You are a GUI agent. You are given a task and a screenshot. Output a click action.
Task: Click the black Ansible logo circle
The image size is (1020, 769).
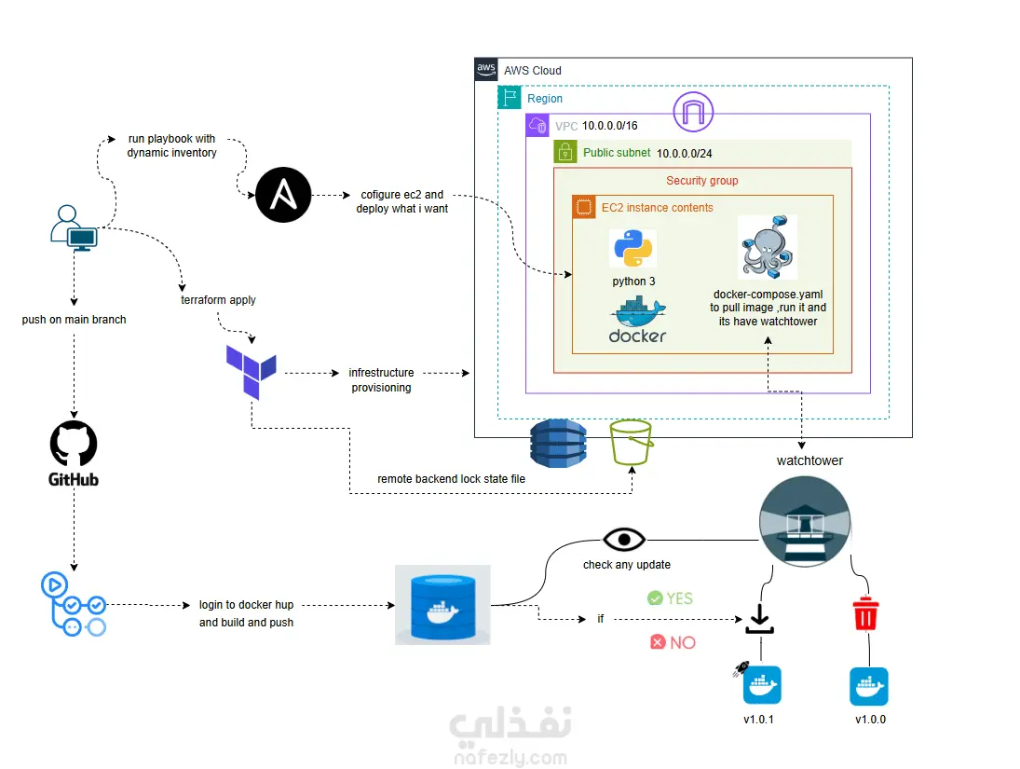(283, 196)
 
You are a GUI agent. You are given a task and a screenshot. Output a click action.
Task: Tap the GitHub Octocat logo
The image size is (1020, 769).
(74, 444)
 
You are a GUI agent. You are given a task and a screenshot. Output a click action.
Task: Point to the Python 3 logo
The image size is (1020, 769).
(633, 249)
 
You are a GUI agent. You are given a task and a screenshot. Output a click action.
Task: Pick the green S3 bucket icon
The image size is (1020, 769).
(631, 443)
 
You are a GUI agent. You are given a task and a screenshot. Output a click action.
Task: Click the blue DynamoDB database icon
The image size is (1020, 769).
(558, 443)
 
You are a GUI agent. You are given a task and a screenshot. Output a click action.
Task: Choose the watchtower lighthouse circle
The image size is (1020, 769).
(806, 520)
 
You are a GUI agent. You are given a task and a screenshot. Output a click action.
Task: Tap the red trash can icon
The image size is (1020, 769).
(865, 614)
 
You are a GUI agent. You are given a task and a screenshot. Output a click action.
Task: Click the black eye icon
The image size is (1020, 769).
(624, 540)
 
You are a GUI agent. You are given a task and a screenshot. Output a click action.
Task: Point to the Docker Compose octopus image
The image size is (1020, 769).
(768, 247)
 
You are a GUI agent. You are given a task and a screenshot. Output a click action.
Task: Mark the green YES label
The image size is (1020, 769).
(671, 597)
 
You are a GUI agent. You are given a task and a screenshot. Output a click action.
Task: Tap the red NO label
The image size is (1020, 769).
(673, 642)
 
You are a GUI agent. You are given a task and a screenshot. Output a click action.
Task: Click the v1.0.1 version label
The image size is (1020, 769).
(759, 720)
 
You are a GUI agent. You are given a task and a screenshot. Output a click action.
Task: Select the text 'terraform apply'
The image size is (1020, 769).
(218, 300)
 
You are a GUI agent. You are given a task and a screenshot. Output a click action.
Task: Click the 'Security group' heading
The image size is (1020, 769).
(702, 181)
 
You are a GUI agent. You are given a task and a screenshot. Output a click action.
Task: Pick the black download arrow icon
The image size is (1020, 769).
(760, 618)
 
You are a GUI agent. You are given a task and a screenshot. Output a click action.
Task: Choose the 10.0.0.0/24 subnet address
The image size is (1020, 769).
(690, 153)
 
